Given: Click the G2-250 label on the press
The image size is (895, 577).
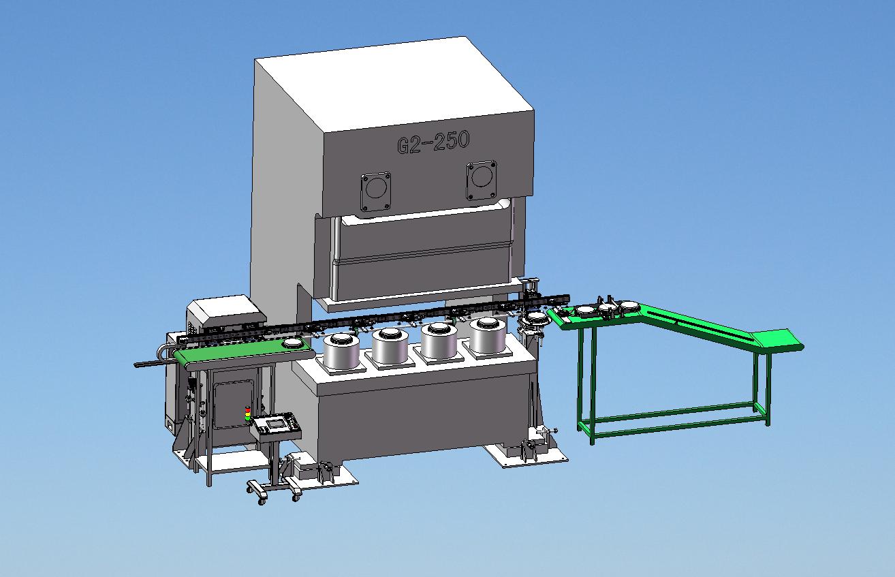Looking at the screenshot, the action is (433, 142).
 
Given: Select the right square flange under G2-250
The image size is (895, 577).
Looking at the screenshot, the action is (482, 181).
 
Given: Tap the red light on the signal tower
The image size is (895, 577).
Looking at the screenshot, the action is (248, 409).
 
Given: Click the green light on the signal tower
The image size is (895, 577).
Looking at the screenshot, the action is (248, 418).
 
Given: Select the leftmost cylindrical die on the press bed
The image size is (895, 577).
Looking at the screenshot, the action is (342, 352).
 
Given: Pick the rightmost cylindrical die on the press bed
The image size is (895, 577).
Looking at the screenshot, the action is (488, 335).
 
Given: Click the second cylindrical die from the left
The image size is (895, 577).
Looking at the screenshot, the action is (390, 346).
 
